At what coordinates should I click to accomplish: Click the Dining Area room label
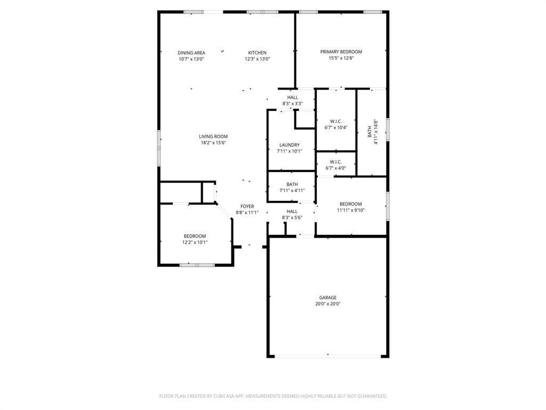(x=191, y=53)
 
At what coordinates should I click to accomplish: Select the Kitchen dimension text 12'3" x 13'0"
(x=258, y=59)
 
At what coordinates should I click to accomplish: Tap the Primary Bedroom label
(x=341, y=52)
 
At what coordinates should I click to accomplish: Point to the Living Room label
(x=213, y=137)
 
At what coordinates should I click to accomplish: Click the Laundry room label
(x=289, y=145)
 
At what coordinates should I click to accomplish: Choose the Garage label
(x=328, y=298)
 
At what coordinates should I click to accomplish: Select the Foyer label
(x=247, y=207)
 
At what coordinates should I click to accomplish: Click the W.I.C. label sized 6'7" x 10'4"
(x=336, y=121)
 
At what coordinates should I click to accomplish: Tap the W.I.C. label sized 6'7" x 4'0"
(x=336, y=162)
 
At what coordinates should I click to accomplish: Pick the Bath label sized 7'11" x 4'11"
(x=292, y=185)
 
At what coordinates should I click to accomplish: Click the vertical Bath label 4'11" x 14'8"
(x=370, y=132)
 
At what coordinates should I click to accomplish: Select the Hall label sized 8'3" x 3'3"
(x=292, y=97)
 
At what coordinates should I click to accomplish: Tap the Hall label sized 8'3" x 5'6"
(x=292, y=211)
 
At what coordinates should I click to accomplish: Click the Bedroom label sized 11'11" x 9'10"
(x=351, y=204)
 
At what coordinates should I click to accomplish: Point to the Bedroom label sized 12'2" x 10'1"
(x=195, y=236)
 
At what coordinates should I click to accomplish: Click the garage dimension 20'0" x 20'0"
(x=328, y=304)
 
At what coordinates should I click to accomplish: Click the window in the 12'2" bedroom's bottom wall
(x=197, y=265)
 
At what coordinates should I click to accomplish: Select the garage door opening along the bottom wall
(x=328, y=356)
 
